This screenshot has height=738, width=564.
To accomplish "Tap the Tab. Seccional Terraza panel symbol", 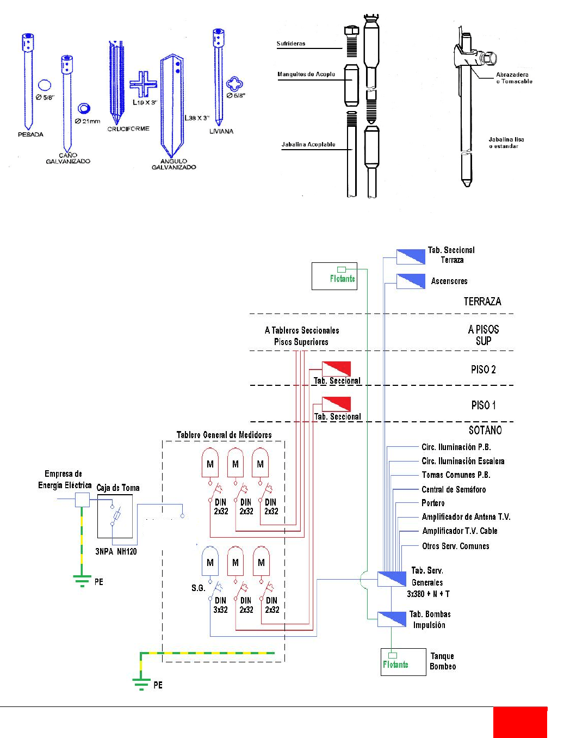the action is coord(411,257).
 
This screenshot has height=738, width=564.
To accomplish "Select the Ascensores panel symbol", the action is coord(411,281).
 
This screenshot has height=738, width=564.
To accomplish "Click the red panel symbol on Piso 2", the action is coord(336,368).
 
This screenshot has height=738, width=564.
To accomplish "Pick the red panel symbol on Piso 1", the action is coord(336,404).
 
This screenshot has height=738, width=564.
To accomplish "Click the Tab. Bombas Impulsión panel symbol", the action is coord(392,619).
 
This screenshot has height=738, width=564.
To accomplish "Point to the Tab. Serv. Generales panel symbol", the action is coord(392,579).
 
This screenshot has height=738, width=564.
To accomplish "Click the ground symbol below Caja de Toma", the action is coord(82,581).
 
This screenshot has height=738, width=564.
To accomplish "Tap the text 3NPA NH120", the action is coord(116,551).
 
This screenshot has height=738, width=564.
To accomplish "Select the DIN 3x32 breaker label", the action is coord(220,605).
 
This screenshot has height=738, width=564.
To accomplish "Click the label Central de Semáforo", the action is coord(454,489).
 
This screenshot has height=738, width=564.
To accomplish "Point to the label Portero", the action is coord(433,503).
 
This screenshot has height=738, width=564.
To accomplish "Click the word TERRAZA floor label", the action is coord(482,302).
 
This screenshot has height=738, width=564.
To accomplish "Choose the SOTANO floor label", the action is coord(485,430).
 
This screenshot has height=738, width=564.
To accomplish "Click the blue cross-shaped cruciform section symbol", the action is coord(144,84).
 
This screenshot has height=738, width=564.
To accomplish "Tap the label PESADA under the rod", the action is coord(30,134).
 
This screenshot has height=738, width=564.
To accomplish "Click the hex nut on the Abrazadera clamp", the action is coord(489,58).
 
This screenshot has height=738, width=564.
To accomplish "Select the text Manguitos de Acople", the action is coord(306,75).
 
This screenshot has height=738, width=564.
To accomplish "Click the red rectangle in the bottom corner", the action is coord(520,722).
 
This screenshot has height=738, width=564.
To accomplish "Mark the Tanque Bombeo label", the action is coord(443,661).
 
